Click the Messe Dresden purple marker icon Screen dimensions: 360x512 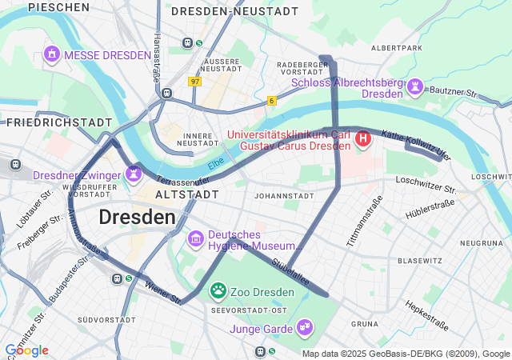pos(52,54)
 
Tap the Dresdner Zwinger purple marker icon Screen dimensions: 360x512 pos(133,173)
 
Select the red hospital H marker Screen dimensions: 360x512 pos(363,140)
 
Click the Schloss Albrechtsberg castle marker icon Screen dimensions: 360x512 pos(415,86)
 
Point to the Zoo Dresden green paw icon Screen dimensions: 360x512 pos(218,290)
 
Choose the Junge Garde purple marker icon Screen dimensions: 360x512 pos(304,326)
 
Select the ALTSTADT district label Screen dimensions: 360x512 pos(186,194)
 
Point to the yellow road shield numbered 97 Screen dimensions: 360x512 pos(195,82)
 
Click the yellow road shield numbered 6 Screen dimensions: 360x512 pos(272,100)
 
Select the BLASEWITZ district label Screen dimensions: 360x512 pos(420,261)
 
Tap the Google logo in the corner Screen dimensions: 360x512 pos(26,350)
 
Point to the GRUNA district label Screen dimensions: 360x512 pos(364,324)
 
